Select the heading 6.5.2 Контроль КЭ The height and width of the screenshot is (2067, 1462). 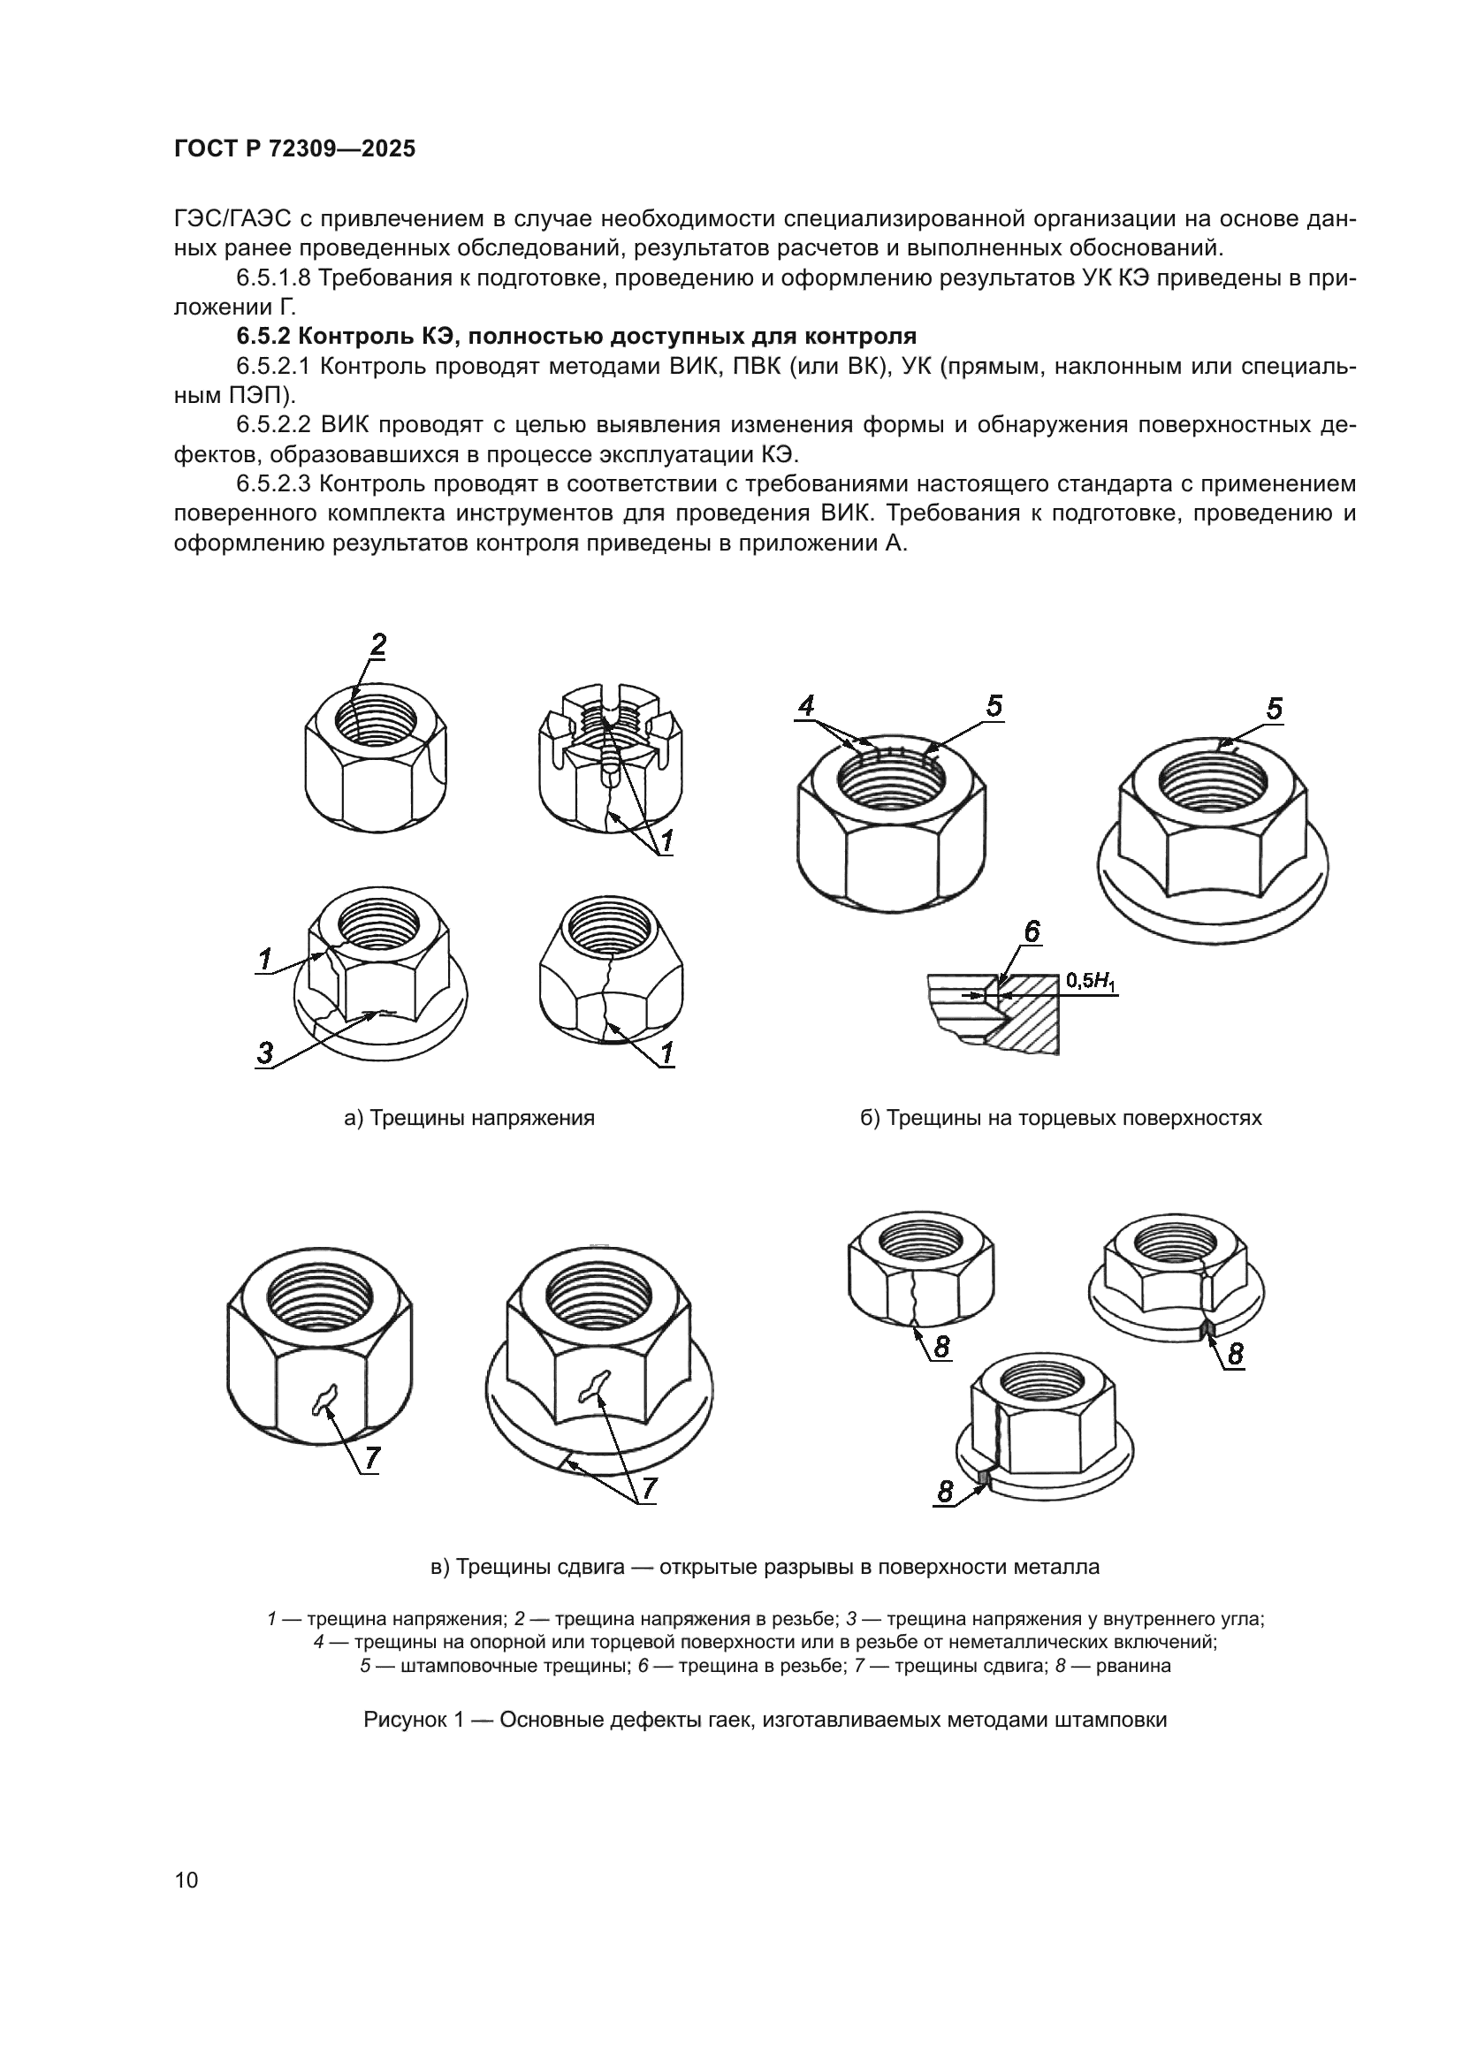576,337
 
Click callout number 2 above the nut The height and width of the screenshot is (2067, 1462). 378,644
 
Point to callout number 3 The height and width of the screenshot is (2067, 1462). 264,1052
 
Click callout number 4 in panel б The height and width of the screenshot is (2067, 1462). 806,706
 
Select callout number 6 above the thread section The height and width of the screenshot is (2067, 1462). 1032,931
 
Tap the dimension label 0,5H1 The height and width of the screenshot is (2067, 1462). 1091,980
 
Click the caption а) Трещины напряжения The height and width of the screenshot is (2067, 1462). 469,1118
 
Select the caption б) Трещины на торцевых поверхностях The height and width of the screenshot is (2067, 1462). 1061,1118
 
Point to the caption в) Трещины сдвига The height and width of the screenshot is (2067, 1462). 765,1567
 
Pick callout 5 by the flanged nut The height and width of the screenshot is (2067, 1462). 1274,710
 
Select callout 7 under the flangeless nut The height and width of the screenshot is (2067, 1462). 372,1458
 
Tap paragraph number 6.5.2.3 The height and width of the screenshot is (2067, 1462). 274,484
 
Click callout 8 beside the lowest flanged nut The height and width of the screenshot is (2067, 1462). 944,1493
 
